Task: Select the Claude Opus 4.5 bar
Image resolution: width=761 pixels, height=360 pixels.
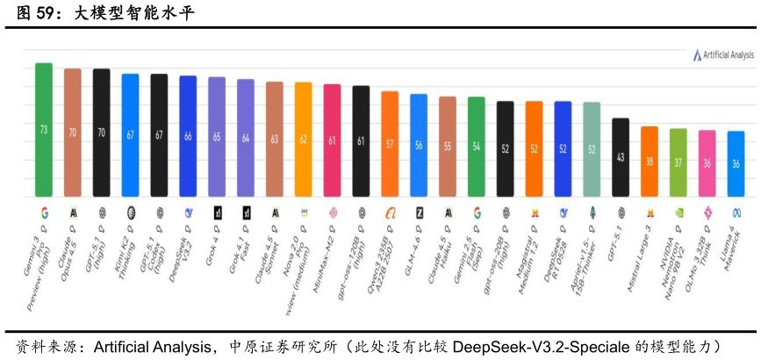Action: (72, 132)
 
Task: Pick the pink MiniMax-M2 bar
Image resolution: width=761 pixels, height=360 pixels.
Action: (332, 140)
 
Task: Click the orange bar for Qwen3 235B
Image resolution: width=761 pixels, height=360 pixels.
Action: (390, 143)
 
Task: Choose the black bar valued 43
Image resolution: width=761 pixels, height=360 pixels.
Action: (621, 156)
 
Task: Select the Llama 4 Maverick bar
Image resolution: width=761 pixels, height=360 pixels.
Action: (736, 163)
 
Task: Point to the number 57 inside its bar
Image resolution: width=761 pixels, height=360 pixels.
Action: (390, 144)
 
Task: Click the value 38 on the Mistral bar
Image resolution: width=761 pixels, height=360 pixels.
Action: (650, 162)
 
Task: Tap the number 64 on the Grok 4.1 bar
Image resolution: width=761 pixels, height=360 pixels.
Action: (246, 138)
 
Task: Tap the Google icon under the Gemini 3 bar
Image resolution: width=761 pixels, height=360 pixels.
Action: (43, 212)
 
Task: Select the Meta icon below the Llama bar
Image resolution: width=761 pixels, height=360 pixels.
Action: (736, 212)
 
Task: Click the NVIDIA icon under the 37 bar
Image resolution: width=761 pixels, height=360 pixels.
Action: (678, 212)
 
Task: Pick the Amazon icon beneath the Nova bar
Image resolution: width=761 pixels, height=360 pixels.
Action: (303, 212)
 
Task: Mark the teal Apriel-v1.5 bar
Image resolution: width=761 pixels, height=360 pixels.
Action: (592, 148)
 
